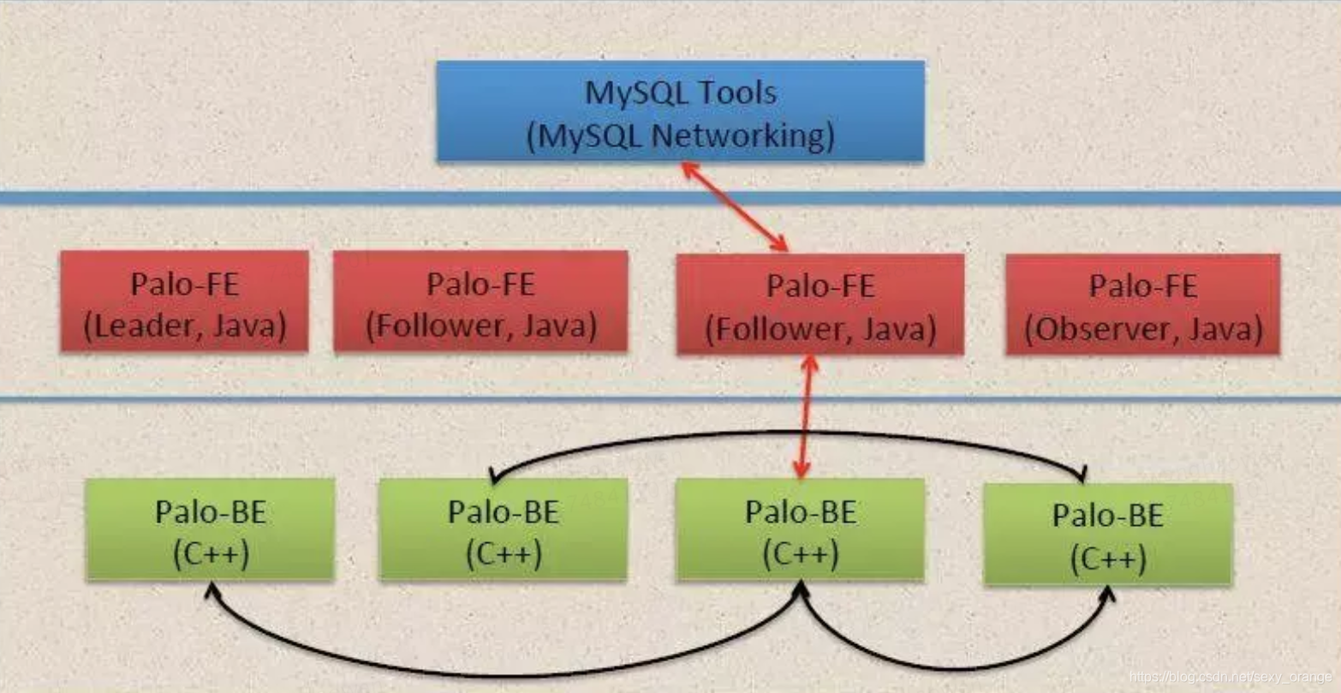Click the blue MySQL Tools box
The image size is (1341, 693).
tap(680, 111)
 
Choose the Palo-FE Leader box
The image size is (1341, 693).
tap(184, 301)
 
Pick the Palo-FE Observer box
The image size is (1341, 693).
tap(1142, 304)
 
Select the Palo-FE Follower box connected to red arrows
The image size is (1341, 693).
tap(819, 304)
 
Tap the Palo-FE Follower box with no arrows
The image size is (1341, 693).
tap(480, 301)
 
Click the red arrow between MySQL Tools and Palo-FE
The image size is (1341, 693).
tap(734, 206)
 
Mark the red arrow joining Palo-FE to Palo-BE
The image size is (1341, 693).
tap(805, 416)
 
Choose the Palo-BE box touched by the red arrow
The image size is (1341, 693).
tap(800, 529)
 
